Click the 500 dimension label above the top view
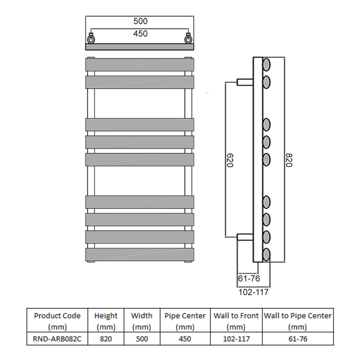[x=140, y=21]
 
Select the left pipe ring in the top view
[x=91, y=39]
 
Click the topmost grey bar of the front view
[x=140, y=64]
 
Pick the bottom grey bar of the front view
[x=140, y=254]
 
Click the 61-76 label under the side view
[x=248, y=279]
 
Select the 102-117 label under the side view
[x=252, y=292]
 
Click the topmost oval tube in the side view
[x=266, y=64]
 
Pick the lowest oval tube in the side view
[x=266, y=254]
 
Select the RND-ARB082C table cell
[x=57, y=338]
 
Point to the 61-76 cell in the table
[x=297, y=338]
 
